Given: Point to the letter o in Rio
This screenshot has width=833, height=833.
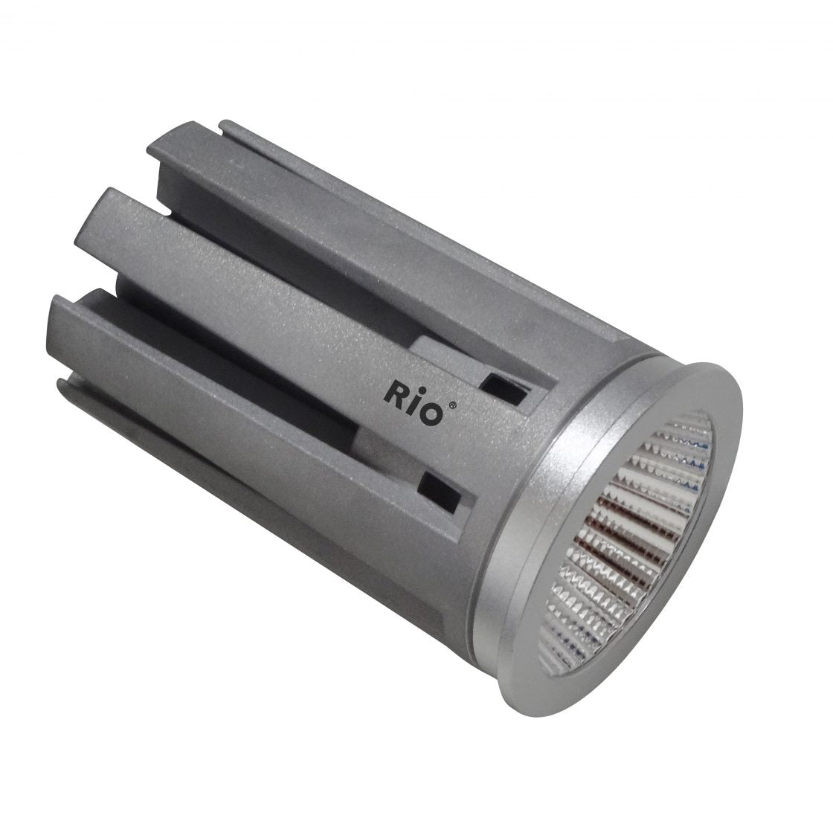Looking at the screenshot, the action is [431, 413].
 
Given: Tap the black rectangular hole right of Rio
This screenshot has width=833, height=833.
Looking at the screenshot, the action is [508, 391].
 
